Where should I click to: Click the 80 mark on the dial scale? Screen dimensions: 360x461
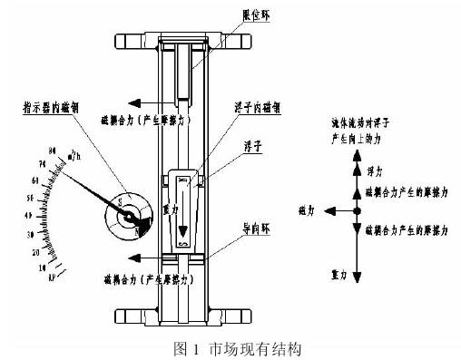pyautogui.click(x=53, y=150)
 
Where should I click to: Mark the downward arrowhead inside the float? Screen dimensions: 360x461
pyautogui.click(x=183, y=230)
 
